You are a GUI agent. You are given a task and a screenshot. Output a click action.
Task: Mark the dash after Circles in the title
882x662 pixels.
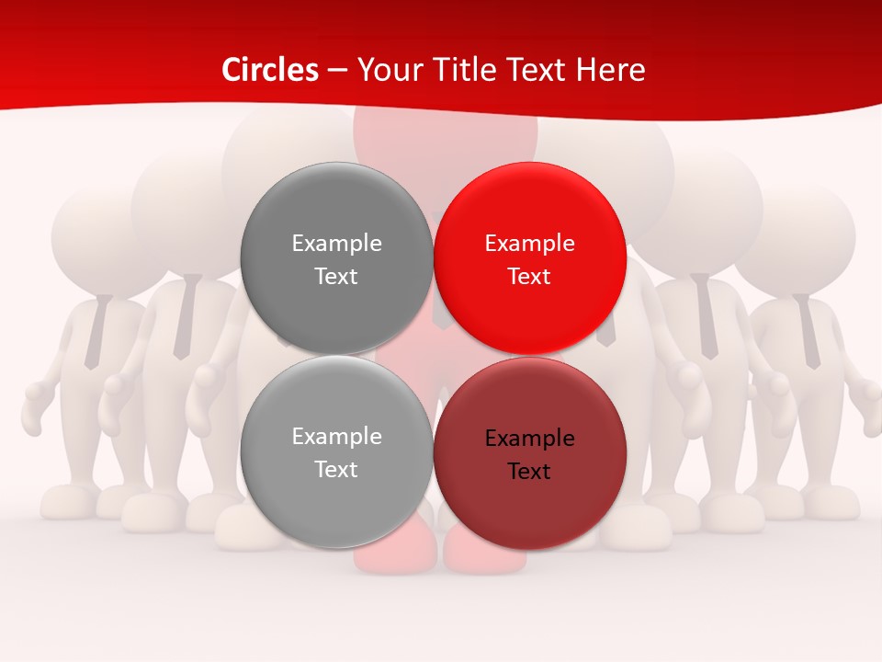click(x=337, y=71)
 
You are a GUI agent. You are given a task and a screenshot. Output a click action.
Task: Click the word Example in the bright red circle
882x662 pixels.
click(x=529, y=244)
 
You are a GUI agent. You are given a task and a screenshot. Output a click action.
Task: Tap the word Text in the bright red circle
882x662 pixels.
click(x=529, y=277)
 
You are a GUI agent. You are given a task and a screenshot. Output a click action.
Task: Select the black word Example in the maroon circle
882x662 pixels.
click(x=529, y=439)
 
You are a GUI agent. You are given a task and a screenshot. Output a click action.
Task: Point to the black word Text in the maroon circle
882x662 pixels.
click(x=529, y=472)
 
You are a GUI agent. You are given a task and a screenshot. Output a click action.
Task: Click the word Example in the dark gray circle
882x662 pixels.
click(x=336, y=244)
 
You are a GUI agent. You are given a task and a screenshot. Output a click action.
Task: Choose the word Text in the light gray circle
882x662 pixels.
click(x=336, y=470)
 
